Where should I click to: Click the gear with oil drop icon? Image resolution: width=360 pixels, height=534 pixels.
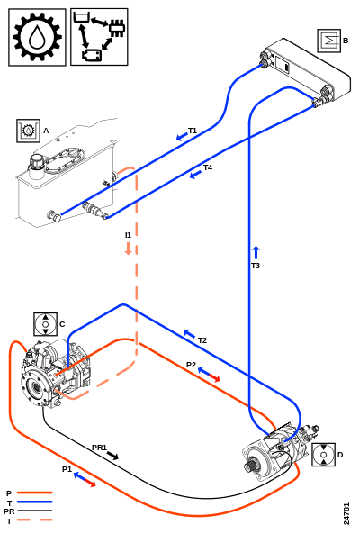(37, 37)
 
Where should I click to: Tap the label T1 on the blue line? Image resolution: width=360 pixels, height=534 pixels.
(193, 131)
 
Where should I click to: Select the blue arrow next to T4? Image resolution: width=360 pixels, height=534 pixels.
(195, 175)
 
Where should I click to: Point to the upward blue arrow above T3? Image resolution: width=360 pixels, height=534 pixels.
(256, 253)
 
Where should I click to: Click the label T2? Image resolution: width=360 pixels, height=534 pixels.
(202, 340)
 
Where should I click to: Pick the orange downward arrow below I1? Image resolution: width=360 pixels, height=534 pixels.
(129, 249)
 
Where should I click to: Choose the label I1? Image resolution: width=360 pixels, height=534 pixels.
(128, 235)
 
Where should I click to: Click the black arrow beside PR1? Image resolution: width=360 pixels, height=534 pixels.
(112, 455)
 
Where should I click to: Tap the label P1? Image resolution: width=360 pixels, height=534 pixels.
(67, 469)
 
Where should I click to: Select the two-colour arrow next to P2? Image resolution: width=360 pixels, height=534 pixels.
(209, 374)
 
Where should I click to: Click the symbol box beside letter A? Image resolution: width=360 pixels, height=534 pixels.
(28, 131)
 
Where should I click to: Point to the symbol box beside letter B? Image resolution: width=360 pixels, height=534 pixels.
(329, 41)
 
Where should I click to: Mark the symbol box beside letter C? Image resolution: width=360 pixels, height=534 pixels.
(45, 324)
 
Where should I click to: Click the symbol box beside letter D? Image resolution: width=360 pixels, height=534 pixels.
(323, 455)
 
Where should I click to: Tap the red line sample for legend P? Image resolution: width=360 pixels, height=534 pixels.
(35, 493)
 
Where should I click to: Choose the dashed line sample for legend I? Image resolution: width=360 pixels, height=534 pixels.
(35, 520)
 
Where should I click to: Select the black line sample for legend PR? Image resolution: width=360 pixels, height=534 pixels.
(35, 511)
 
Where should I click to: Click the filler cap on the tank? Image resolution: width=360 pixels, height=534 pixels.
(36, 162)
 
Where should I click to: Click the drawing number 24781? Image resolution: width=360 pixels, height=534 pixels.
(346, 513)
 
